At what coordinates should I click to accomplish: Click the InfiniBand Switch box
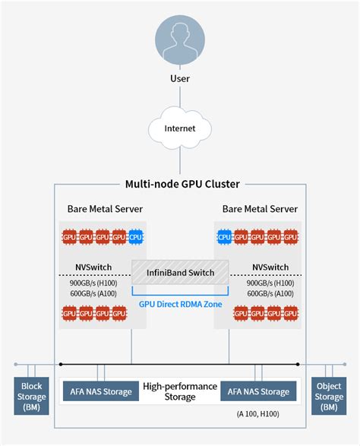180,273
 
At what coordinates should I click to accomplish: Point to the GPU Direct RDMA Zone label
180,303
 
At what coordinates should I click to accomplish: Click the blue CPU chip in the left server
135,238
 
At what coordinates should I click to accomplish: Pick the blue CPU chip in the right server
224,238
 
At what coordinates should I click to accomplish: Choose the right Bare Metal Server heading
260,209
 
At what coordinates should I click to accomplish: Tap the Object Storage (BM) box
329,396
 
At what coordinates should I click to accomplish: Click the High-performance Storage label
180,391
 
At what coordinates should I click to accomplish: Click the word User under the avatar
180,78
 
